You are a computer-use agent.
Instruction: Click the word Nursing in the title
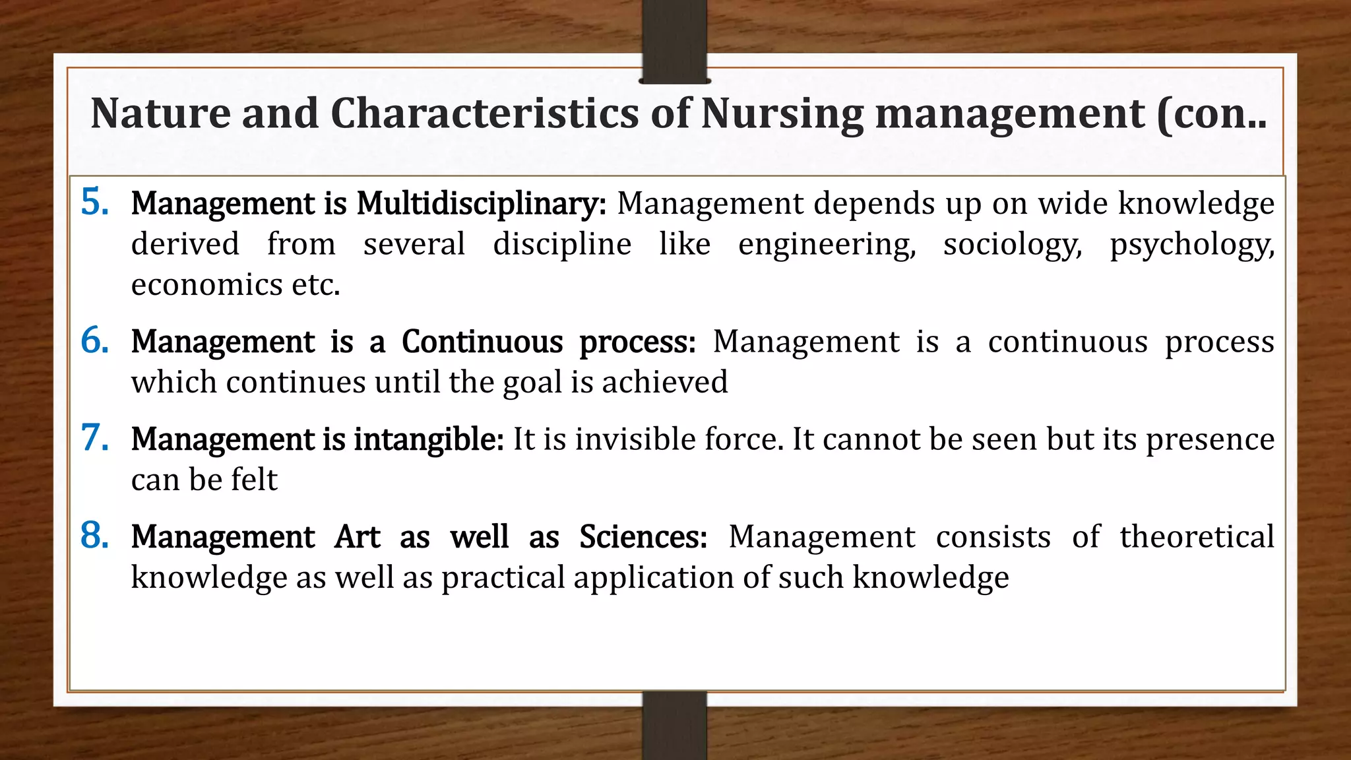782,113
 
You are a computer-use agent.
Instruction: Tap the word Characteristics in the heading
485,113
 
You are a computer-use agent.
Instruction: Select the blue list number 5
95,202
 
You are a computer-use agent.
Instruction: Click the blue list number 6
95,340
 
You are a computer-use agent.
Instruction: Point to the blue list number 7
95,438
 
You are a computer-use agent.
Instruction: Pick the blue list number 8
95,536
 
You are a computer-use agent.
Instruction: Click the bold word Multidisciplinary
481,204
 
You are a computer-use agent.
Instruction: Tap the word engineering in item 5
827,245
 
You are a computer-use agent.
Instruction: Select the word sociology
1013,245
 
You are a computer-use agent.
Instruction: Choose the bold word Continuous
482,342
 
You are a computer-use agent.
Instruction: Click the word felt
254,480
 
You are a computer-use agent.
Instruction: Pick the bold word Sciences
643,537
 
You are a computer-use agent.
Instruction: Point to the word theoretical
1197,537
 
